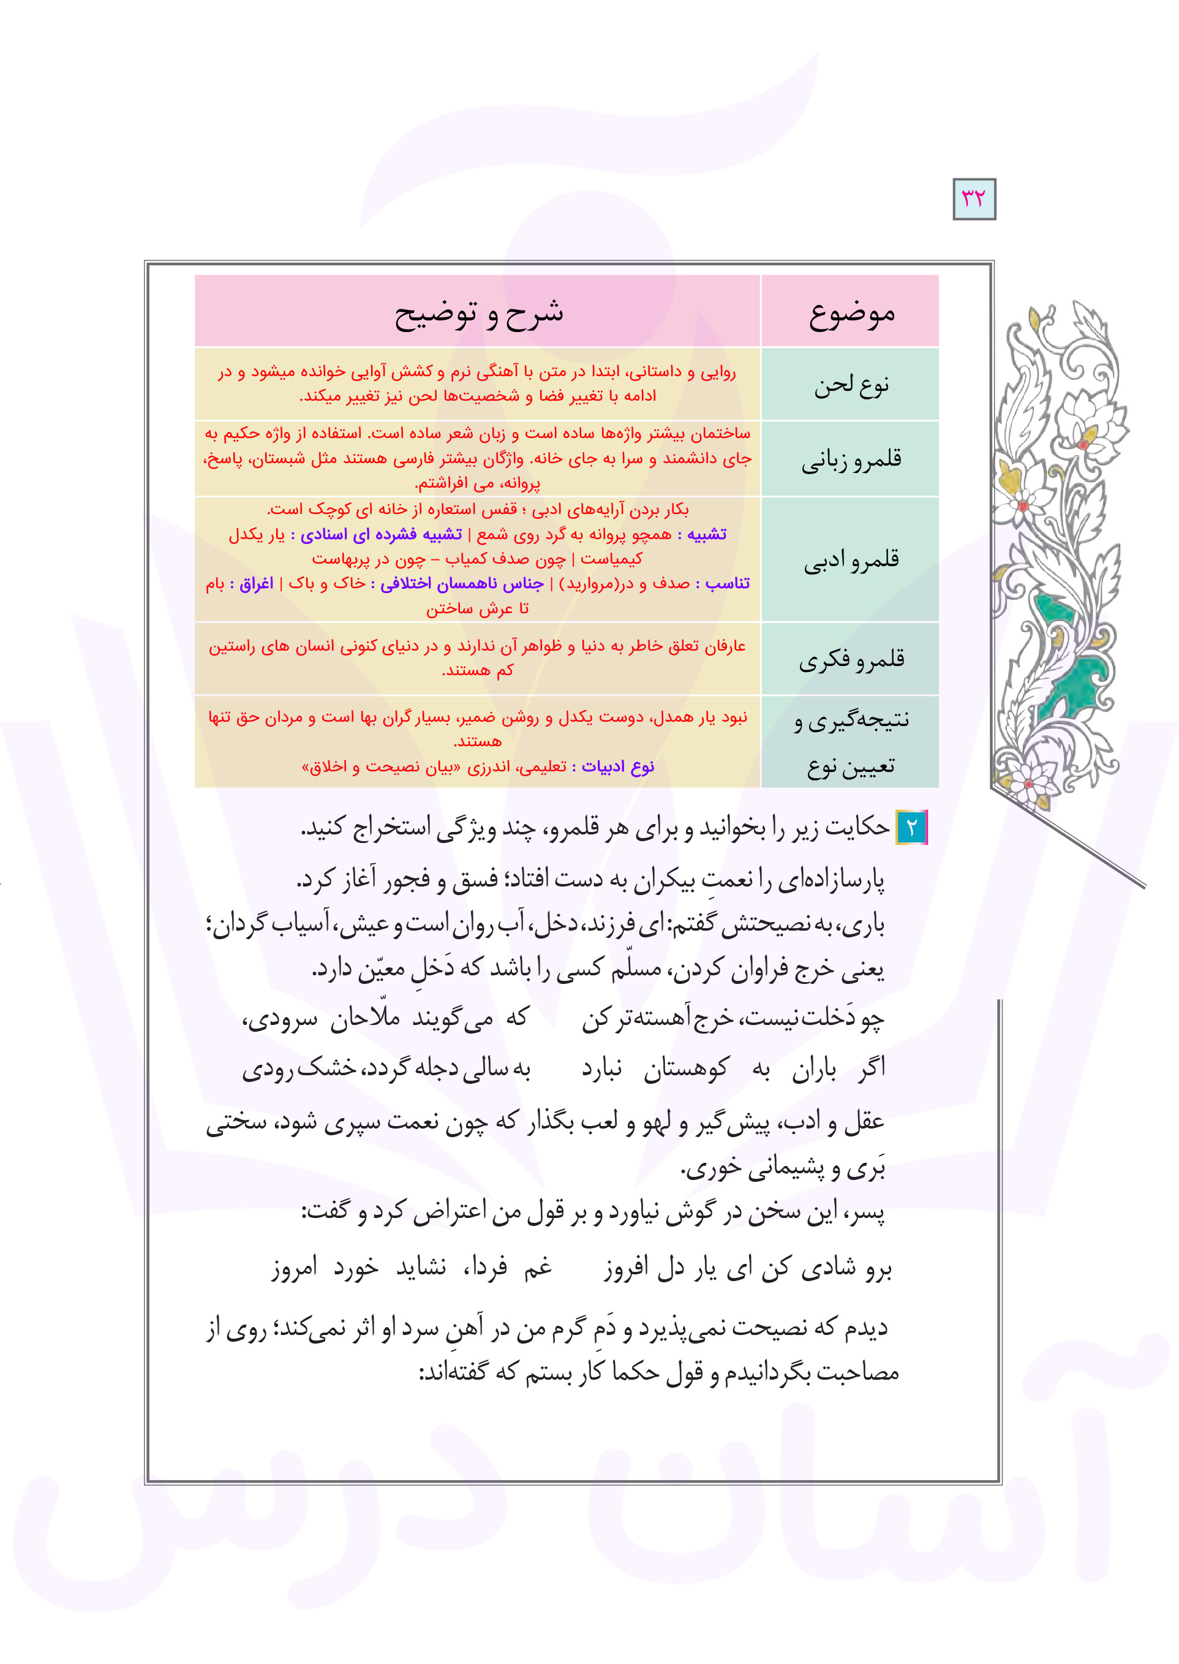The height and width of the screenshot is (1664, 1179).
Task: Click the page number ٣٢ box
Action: [974, 199]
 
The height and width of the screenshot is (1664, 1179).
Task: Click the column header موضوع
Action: [851, 314]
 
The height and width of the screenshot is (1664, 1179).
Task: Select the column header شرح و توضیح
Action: [478, 314]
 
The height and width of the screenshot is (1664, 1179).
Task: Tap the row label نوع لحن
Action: [851, 385]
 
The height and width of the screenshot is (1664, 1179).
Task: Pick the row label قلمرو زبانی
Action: [851, 459]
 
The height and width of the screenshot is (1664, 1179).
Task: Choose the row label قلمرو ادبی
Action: [851, 560]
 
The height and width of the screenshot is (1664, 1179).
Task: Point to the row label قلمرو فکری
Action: [851, 660]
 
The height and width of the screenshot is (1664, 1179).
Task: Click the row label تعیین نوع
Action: [851, 766]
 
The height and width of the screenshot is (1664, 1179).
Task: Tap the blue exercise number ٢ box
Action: [912, 828]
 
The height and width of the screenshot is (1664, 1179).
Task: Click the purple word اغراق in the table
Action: [256, 584]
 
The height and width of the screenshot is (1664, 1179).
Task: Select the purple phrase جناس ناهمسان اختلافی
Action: [462, 584]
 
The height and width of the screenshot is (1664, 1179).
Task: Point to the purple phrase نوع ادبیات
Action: [618, 766]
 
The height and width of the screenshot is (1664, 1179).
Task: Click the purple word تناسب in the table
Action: [728, 584]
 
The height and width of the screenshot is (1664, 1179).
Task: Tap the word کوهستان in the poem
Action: [685, 1069]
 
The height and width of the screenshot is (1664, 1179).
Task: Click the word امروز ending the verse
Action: [294, 1268]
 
